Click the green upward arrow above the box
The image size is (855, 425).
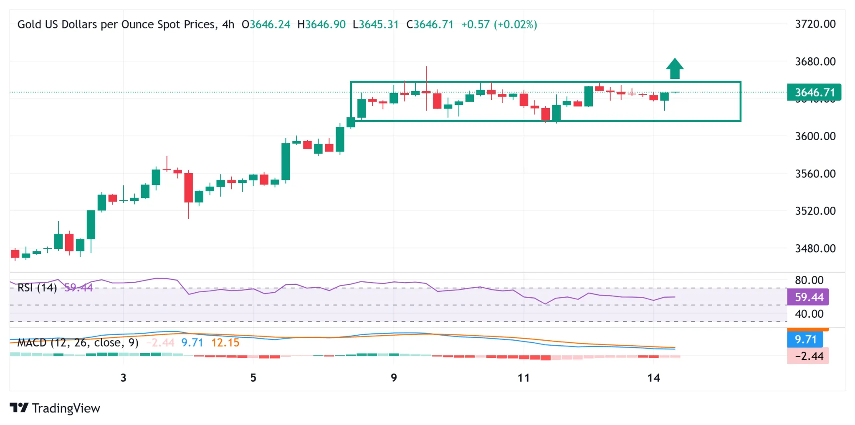click(675, 68)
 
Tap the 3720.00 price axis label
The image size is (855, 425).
click(815, 24)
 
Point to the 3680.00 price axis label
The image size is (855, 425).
click(815, 62)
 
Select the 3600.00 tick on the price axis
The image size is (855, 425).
click(815, 137)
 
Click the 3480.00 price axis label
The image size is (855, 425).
click(815, 249)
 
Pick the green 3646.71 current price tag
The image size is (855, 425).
click(814, 92)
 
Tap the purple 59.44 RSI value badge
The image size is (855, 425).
click(808, 297)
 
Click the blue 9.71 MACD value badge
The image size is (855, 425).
click(805, 339)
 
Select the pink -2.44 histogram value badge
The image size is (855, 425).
click(808, 356)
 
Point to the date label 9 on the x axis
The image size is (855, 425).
click(394, 378)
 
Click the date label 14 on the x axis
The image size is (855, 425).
click(653, 378)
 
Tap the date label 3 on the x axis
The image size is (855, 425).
click(124, 378)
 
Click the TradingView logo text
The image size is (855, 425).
click(66, 408)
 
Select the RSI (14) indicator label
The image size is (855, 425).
click(37, 288)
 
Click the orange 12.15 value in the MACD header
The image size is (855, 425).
click(225, 343)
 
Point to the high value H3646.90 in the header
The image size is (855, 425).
click(321, 25)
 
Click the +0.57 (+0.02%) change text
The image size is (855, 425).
click(499, 25)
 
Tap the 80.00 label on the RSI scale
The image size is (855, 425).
click(809, 280)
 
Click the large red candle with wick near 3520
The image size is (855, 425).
click(189, 187)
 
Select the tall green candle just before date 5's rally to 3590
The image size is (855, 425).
click(286, 162)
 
